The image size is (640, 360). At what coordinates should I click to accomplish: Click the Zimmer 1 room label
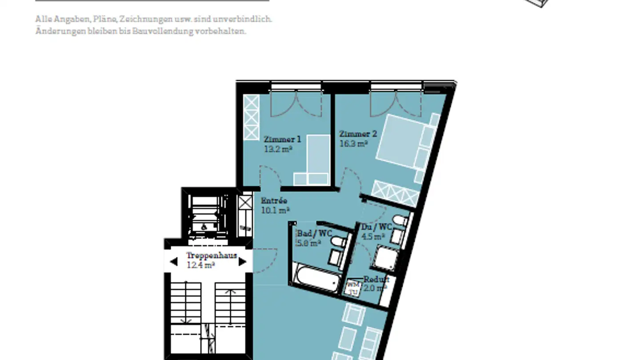pos(282,139)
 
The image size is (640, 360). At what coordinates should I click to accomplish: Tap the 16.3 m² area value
pos(353,144)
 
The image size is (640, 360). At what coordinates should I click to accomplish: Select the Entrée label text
pos(274,200)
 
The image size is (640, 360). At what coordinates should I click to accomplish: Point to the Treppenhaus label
pos(211,256)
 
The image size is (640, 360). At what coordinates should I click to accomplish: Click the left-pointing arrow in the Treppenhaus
pos(173,261)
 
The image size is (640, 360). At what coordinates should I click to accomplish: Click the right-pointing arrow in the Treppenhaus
pos(242,261)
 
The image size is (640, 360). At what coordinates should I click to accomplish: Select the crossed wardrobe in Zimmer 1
pos(251,117)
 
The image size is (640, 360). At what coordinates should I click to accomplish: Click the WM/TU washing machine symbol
pos(353,288)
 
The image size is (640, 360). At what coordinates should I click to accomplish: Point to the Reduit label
pos(376,279)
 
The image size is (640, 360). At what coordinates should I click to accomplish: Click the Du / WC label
pos(376,227)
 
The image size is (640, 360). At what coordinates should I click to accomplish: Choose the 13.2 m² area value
pos(278,149)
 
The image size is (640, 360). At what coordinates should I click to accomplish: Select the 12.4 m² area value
pos(201,265)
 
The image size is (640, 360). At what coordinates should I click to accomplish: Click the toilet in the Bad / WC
pos(339,242)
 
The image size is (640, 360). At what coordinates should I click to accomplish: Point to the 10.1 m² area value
pos(275,210)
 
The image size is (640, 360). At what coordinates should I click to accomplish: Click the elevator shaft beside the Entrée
pos(205,213)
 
